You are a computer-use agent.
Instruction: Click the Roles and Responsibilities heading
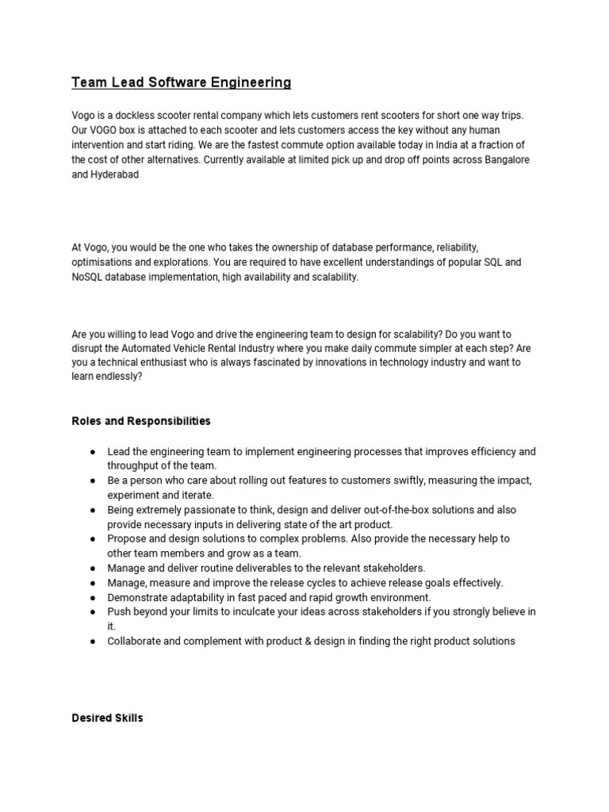(x=141, y=420)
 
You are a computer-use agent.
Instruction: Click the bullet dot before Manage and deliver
(x=92, y=568)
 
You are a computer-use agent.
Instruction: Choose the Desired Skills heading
(x=107, y=718)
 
